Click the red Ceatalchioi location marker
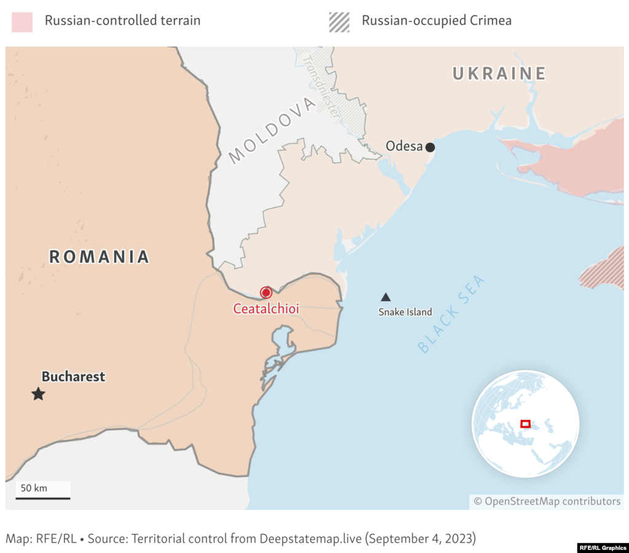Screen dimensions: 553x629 pyautogui.click(x=266, y=293)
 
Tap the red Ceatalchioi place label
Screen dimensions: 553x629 pyautogui.click(x=266, y=309)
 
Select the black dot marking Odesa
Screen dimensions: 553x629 pyautogui.click(x=430, y=147)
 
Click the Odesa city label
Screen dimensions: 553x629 pyautogui.click(x=404, y=146)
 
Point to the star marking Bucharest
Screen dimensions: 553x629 pyautogui.click(x=38, y=394)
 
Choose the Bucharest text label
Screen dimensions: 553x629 pyautogui.click(x=73, y=376)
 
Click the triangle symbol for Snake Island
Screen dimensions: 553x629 pyautogui.click(x=386, y=297)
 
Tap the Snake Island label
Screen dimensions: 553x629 pyautogui.click(x=405, y=312)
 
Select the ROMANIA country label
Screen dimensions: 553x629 pyautogui.click(x=100, y=257)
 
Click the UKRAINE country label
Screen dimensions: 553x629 pyautogui.click(x=499, y=74)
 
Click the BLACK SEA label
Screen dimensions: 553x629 pyautogui.click(x=451, y=315)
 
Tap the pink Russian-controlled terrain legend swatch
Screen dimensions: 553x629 pyautogui.click(x=22, y=21)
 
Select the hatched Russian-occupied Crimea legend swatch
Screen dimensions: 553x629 pyautogui.click(x=339, y=21)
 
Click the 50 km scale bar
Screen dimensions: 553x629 pyautogui.click(x=42, y=498)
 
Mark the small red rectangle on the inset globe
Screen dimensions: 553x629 pyautogui.click(x=525, y=423)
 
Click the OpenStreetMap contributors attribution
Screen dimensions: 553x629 pyautogui.click(x=547, y=501)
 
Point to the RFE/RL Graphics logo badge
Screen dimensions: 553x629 pyautogui.click(x=602, y=547)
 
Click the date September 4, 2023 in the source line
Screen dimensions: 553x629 pyautogui.click(x=421, y=538)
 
